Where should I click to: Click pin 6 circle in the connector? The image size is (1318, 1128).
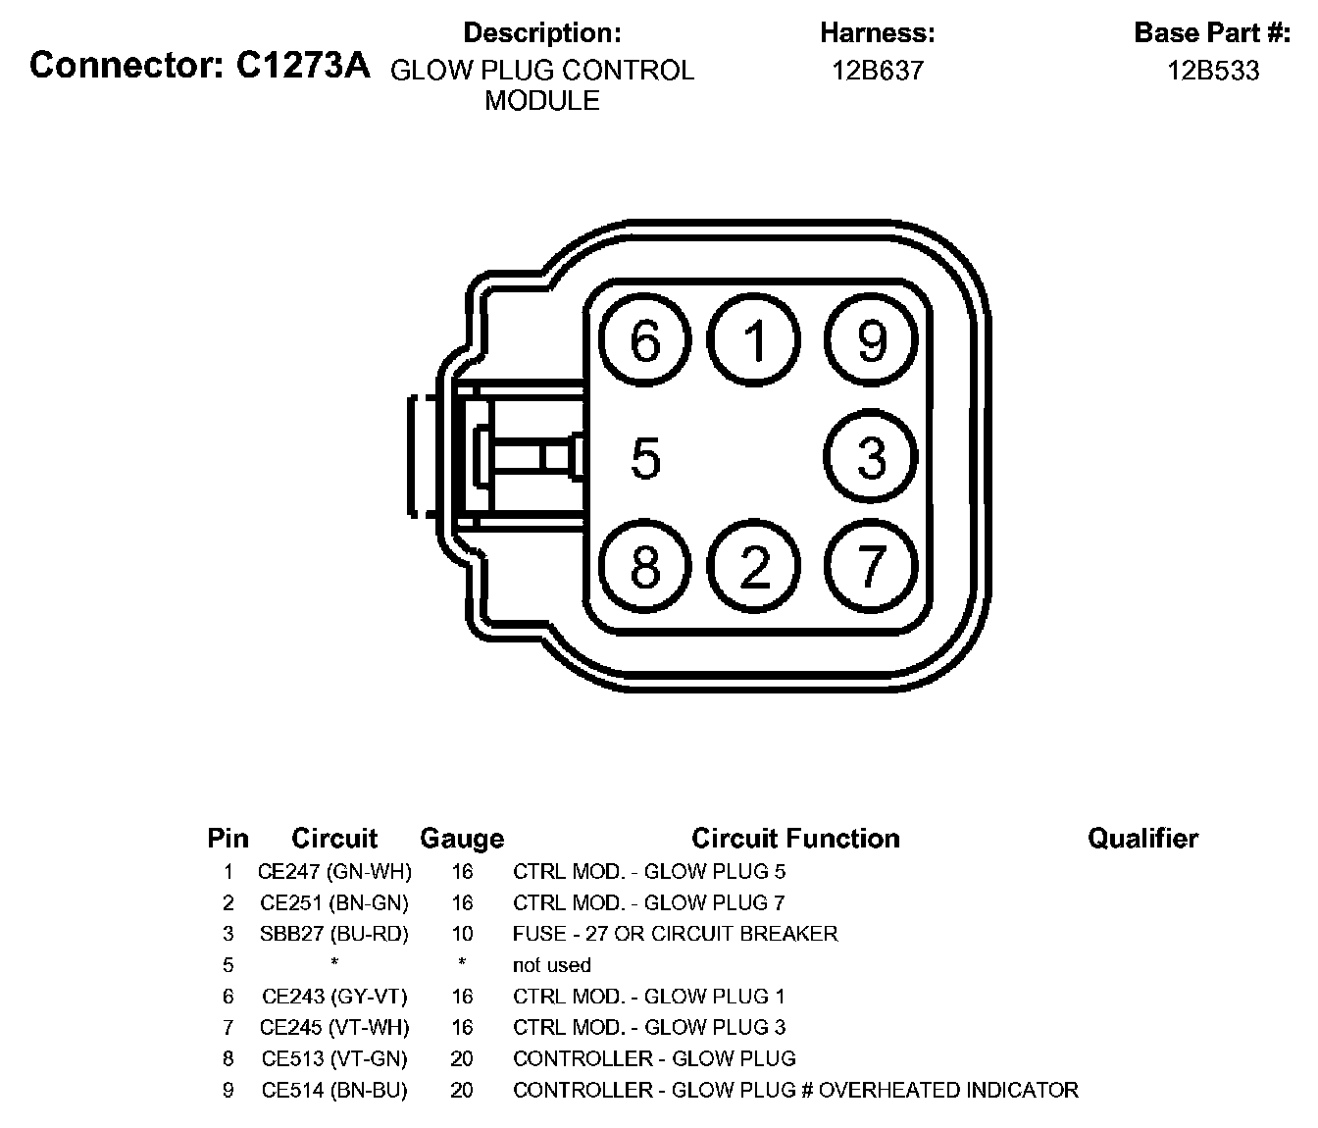(x=645, y=341)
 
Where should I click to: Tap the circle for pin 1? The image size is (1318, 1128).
(x=755, y=341)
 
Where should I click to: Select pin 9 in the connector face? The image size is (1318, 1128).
(x=871, y=341)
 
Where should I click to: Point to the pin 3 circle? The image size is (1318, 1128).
(x=871, y=457)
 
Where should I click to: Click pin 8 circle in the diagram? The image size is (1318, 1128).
(x=645, y=566)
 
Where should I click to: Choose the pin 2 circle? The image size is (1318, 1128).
(x=755, y=566)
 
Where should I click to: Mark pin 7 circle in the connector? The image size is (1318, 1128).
(x=871, y=566)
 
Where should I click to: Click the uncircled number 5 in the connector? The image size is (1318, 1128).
(x=645, y=458)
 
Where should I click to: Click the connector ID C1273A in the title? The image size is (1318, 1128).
(x=303, y=66)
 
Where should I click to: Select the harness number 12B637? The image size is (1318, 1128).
(x=878, y=71)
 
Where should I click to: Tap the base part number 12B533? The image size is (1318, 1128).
(x=1213, y=71)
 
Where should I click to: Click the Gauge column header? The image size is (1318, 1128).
(x=462, y=839)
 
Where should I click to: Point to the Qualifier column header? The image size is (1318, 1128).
(x=1142, y=839)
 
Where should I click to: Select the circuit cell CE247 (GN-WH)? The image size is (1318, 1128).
(x=334, y=871)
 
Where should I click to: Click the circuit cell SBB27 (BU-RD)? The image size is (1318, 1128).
(x=334, y=934)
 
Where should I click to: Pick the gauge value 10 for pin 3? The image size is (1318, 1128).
(x=462, y=934)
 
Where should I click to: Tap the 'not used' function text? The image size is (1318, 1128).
(x=552, y=965)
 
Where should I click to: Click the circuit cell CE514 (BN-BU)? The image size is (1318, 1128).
(x=334, y=1090)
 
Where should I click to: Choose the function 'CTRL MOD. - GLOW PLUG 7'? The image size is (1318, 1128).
(x=649, y=902)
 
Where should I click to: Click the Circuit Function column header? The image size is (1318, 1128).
(x=795, y=839)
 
